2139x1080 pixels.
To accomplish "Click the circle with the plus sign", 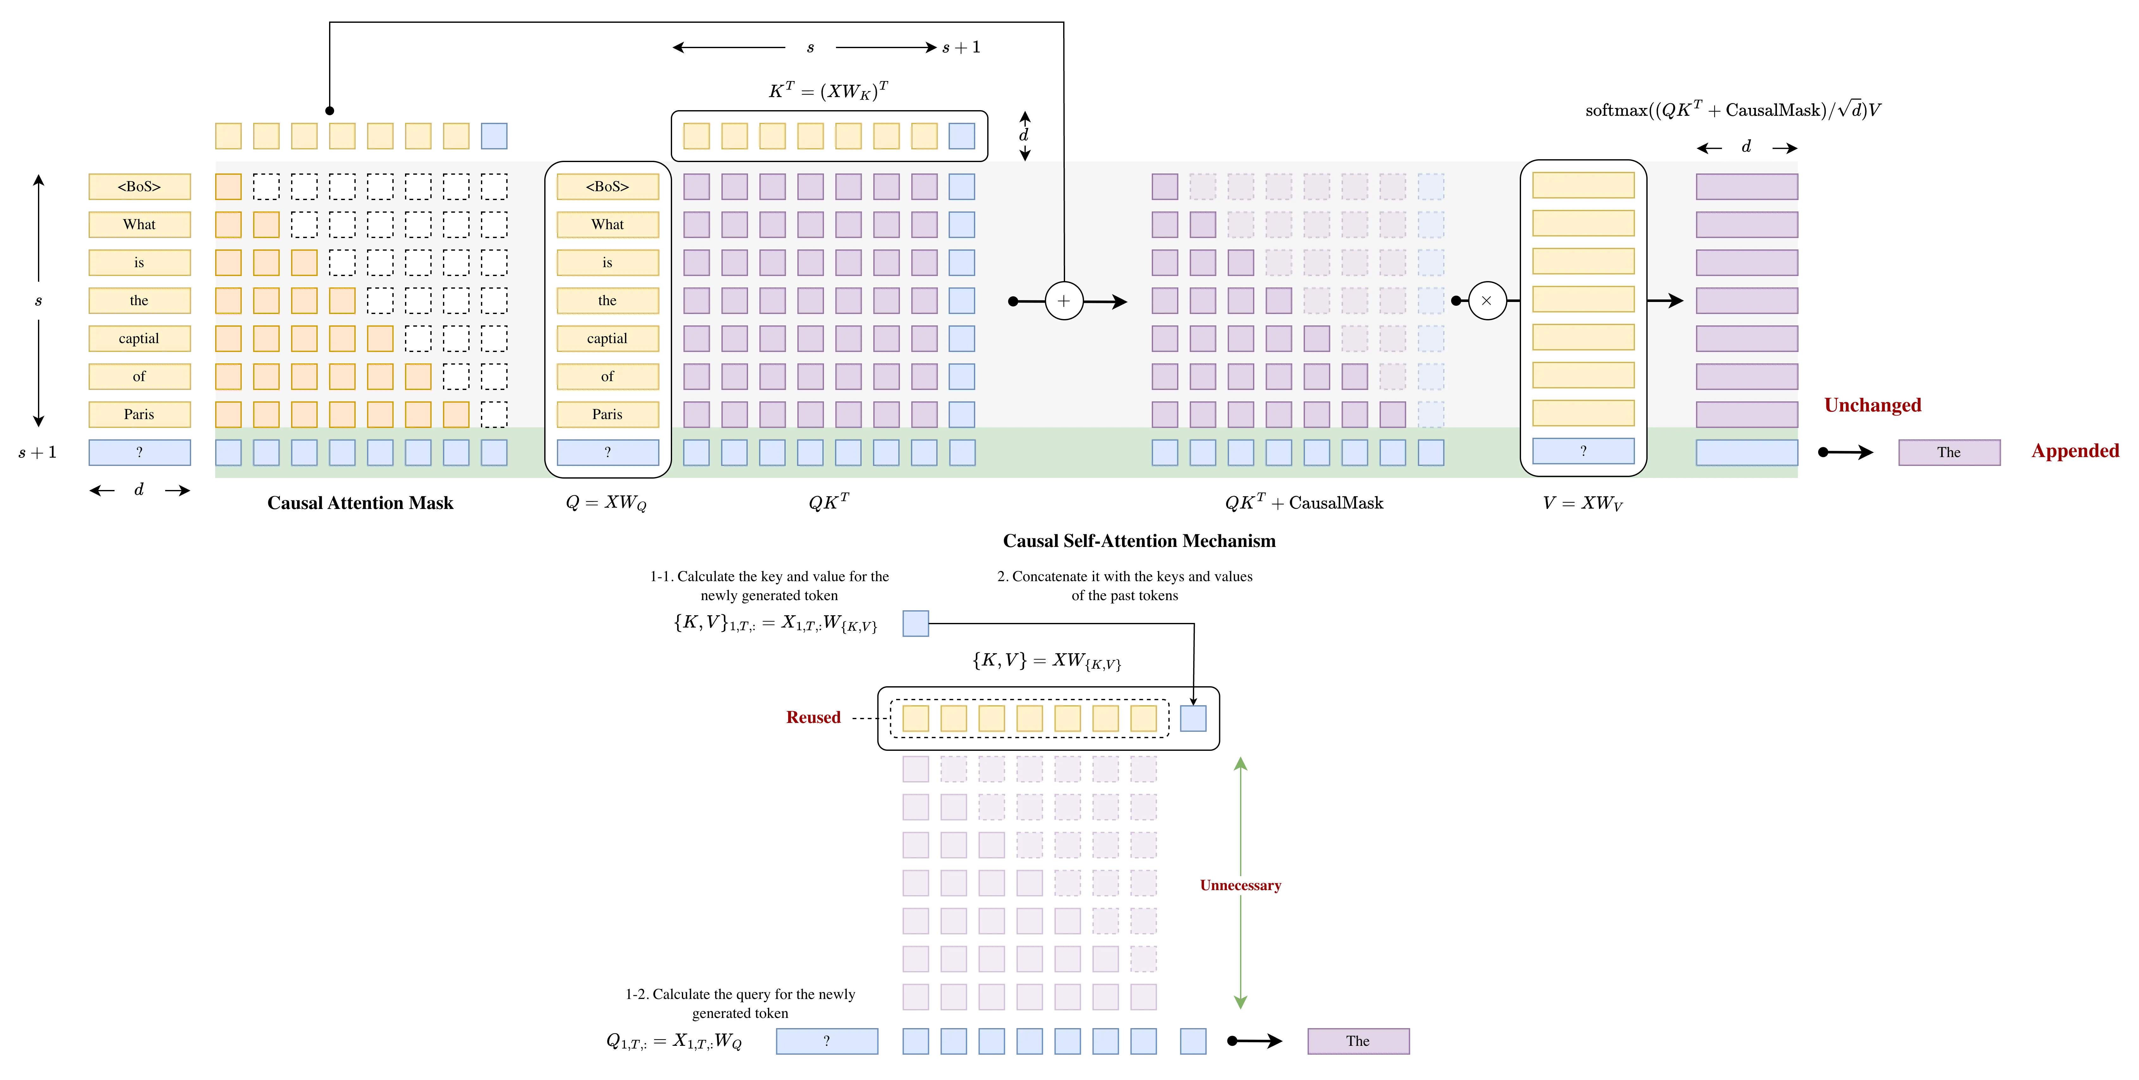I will click(x=1064, y=301).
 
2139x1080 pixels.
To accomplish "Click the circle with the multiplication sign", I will click(x=1486, y=301).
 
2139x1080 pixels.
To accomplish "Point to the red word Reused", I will click(x=813, y=716).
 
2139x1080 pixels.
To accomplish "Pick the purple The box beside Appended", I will click(x=1949, y=452).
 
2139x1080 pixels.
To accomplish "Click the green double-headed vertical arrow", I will click(x=1241, y=955).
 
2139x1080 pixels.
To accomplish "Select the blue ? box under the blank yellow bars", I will click(x=1583, y=451).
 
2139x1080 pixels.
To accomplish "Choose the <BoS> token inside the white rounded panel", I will click(x=607, y=186).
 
